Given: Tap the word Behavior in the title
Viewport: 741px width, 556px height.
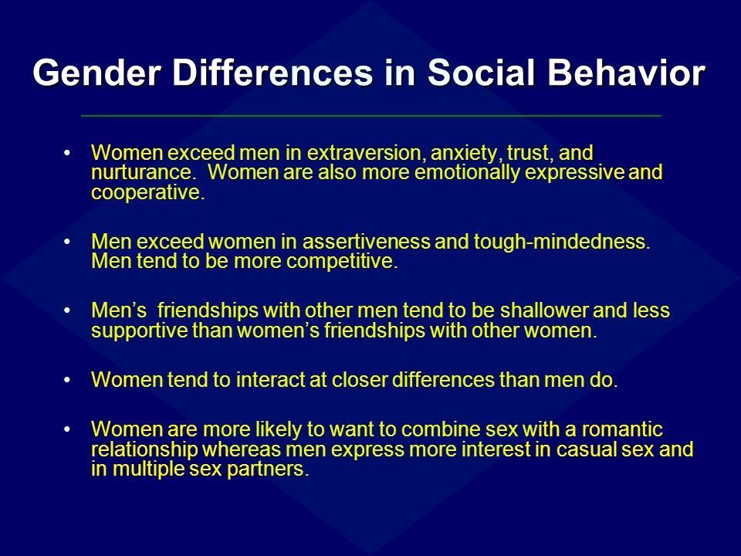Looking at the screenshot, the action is (x=626, y=73).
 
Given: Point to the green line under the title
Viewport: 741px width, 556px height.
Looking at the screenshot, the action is (x=371, y=115).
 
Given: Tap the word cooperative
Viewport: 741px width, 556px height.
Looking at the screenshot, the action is (x=148, y=193).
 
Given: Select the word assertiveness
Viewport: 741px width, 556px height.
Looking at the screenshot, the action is (x=366, y=242).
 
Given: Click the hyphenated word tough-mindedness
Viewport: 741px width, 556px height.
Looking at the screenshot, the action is (x=562, y=242).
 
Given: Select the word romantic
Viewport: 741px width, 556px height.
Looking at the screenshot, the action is (x=622, y=429).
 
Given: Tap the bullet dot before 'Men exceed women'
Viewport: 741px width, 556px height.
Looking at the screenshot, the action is (x=67, y=242).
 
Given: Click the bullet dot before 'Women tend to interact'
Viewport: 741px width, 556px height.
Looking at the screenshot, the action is (x=67, y=380).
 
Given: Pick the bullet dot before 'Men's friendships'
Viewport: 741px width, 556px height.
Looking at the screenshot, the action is (x=67, y=311).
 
